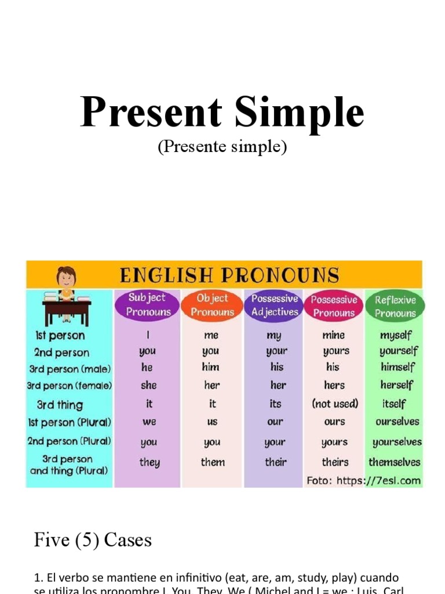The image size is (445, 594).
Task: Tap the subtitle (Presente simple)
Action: click(x=222, y=147)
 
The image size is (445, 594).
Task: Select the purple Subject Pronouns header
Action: click(x=148, y=305)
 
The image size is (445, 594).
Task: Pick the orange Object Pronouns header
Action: click(x=213, y=305)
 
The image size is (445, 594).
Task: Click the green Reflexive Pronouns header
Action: click(x=395, y=306)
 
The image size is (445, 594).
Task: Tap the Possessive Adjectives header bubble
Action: click(x=275, y=305)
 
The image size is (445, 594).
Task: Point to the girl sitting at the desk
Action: click(x=67, y=284)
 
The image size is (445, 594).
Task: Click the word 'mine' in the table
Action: click(x=334, y=335)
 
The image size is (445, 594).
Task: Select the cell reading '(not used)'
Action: click(x=335, y=403)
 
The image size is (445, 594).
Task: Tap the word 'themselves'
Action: click(x=395, y=462)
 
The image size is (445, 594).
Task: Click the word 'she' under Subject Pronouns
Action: click(x=148, y=385)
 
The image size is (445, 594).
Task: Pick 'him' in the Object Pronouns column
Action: click(x=211, y=367)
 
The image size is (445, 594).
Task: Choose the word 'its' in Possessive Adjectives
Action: click(x=275, y=403)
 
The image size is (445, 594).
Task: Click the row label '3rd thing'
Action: click(x=60, y=405)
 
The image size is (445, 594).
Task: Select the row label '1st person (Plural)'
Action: click(x=69, y=422)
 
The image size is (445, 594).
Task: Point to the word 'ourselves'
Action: click(x=397, y=422)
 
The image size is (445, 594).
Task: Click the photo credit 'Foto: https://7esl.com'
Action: click(x=363, y=480)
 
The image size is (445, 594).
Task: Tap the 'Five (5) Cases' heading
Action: click(x=93, y=540)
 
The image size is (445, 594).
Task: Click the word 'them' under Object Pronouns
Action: click(x=213, y=462)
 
